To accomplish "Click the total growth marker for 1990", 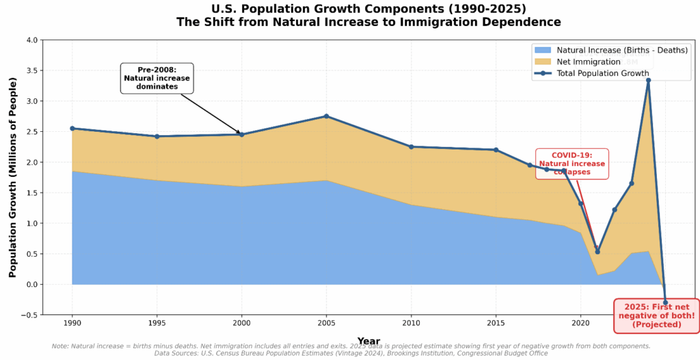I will [72, 128].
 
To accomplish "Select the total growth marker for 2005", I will [326, 116].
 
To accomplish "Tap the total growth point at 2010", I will [411, 147].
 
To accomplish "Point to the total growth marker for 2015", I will [496, 150].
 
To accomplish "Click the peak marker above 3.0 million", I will [648, 80].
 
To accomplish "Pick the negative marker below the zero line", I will [665, 303].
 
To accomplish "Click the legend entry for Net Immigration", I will [589, 61].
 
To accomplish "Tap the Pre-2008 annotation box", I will [157, 79].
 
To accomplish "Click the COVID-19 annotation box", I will [571, 164].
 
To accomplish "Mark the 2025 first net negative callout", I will [656, 315].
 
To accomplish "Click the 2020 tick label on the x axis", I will [580, 321].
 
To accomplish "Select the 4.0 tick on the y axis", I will [31, 40].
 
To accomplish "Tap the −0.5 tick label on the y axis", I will [29, 315].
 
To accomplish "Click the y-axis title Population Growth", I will [12, 177].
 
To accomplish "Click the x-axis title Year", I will [368, 341].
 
